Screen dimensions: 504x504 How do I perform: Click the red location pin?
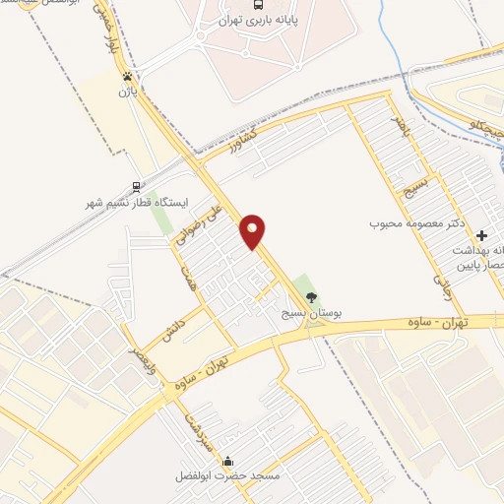click(254, 230)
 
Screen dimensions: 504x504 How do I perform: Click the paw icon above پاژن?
click(128, 75)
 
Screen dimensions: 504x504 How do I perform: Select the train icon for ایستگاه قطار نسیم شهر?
click(135, 185)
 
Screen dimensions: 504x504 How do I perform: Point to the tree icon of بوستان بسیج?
click(312, 298)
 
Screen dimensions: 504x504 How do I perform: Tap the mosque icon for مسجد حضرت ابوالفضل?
click(229, 461)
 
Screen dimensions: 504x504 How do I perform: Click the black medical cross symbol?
click(481, 236)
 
